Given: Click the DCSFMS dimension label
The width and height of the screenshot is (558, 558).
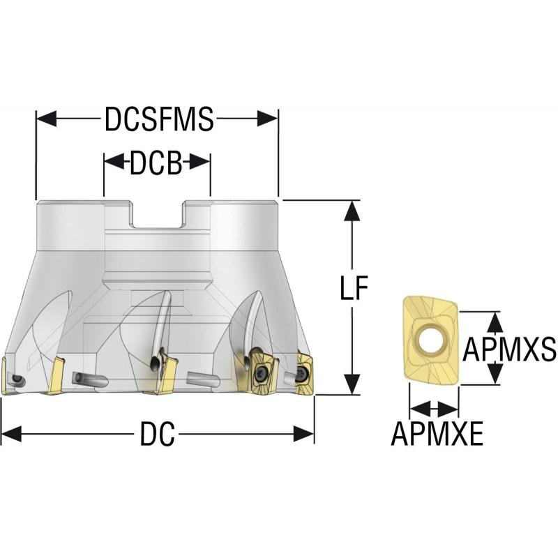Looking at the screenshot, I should (x=158, y=119).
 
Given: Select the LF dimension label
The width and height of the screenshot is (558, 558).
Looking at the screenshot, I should (x=354, y=289).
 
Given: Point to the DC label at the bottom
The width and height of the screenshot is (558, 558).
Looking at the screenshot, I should (x=156, y=435).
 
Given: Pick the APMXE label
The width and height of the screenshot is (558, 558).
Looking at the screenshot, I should (x=437, y=435).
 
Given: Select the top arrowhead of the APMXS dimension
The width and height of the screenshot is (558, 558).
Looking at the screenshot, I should (x=495, y=321).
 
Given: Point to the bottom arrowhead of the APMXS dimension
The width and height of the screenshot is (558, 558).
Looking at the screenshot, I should (x=495, y=375).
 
